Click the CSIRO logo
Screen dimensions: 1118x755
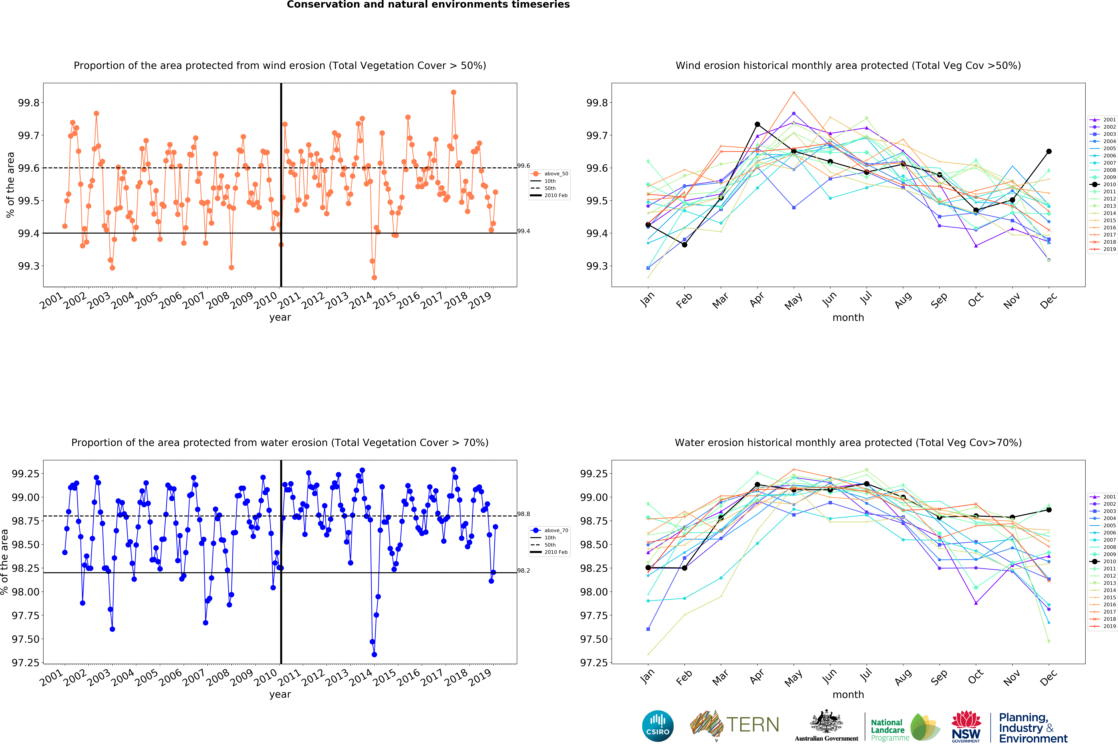[x=658, y=726]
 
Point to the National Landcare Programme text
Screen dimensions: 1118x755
[x=890, y=730]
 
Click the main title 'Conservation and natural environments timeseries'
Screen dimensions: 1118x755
[x=428, y=5]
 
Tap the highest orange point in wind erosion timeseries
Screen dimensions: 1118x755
[x=453, y=92]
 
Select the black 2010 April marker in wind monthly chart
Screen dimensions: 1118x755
[x=757, y=125]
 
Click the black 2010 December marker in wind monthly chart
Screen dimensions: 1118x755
[x=1049, y=151]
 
